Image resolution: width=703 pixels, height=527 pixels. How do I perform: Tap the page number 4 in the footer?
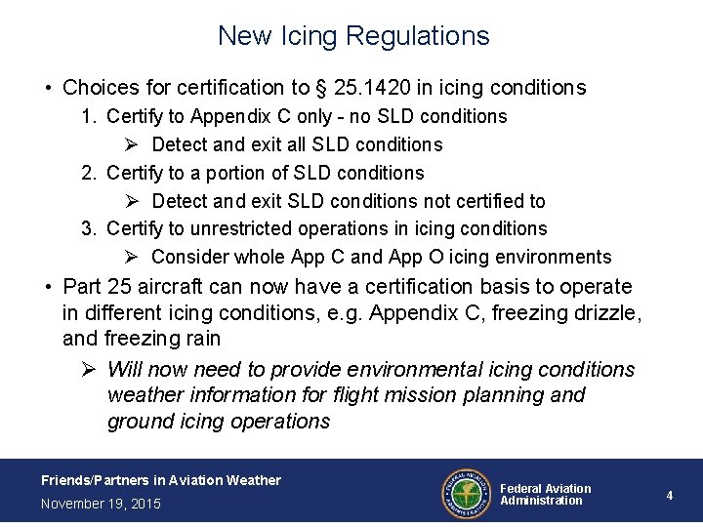click(x=670, y=496)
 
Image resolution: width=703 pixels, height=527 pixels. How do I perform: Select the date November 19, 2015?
click(x=102, y=504)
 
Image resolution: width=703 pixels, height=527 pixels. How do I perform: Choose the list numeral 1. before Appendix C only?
click(x=89, y=117)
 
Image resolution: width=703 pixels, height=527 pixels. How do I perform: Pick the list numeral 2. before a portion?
click(x=89, y=174)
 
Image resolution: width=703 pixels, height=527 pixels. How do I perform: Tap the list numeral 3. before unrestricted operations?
click(x=89, y=229)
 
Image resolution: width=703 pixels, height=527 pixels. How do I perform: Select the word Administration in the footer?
click(x=541, y=502)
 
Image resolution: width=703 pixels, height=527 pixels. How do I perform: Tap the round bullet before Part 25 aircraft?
click(x=47, y=288)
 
